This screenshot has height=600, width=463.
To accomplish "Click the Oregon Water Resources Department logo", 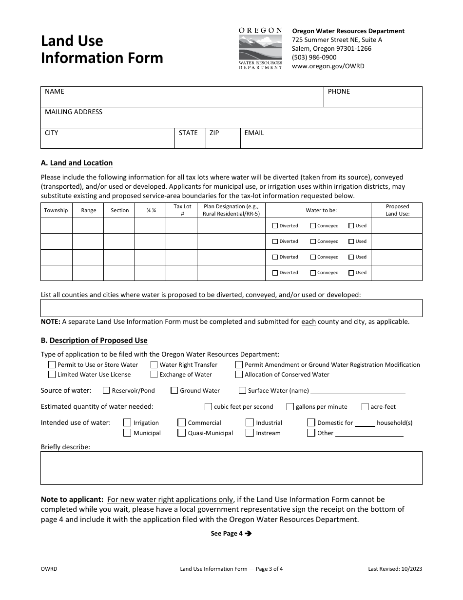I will coord(260,48).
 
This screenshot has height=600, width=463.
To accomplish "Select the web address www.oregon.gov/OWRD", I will coord(328,66).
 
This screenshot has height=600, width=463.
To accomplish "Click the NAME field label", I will coord(55,92).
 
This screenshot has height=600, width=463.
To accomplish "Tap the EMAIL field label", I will coord(254,133).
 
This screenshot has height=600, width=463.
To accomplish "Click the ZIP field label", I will coord(214,133).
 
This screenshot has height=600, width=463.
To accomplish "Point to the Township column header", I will coord(56,210).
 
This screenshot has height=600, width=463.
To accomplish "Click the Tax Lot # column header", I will coord(182,210).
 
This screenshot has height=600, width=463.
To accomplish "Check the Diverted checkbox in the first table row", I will coord(275,226).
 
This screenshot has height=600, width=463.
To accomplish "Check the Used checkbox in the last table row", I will coord(351,273).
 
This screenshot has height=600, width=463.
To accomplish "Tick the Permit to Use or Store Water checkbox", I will coord(52,365).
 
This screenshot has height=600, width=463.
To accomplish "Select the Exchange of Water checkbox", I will coord(154,375).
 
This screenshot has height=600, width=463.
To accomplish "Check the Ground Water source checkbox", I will coord(174,391).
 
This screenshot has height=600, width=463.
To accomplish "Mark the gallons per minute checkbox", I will coord(290,407).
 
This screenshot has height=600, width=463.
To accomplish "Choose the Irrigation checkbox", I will coord(127,423).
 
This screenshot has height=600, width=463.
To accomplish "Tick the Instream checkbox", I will coord(250,433).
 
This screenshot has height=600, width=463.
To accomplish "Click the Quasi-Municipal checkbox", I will coord(181,433).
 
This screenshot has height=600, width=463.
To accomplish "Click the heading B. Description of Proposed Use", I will coord(94,340).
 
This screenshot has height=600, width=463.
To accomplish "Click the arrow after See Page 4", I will coord(248,534).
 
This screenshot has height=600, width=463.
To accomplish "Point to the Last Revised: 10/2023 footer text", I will coord(395,569).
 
